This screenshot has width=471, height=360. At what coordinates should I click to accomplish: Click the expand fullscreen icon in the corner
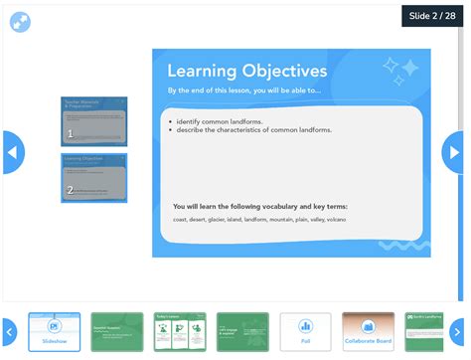[19, 19]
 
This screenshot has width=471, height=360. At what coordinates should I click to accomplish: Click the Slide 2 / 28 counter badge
[431, 16]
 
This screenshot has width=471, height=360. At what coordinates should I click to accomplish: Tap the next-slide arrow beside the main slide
[454, 153]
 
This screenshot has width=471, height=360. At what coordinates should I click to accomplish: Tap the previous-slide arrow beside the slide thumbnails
[12, 153]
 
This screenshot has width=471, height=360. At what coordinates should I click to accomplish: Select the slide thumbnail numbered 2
[94, 177]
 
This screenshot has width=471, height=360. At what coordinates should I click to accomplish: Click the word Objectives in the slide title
[282, 71]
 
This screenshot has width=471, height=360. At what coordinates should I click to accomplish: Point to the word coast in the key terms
[181, 219]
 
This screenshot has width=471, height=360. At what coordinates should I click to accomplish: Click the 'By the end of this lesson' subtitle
[244, 90]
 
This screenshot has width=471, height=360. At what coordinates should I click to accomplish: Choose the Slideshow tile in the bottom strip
[54, 332]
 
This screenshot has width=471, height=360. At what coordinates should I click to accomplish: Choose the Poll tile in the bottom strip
[305, 332]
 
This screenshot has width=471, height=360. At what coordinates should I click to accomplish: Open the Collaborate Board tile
[368, 332]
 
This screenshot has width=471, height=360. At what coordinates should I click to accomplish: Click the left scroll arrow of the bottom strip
[9, 331]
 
